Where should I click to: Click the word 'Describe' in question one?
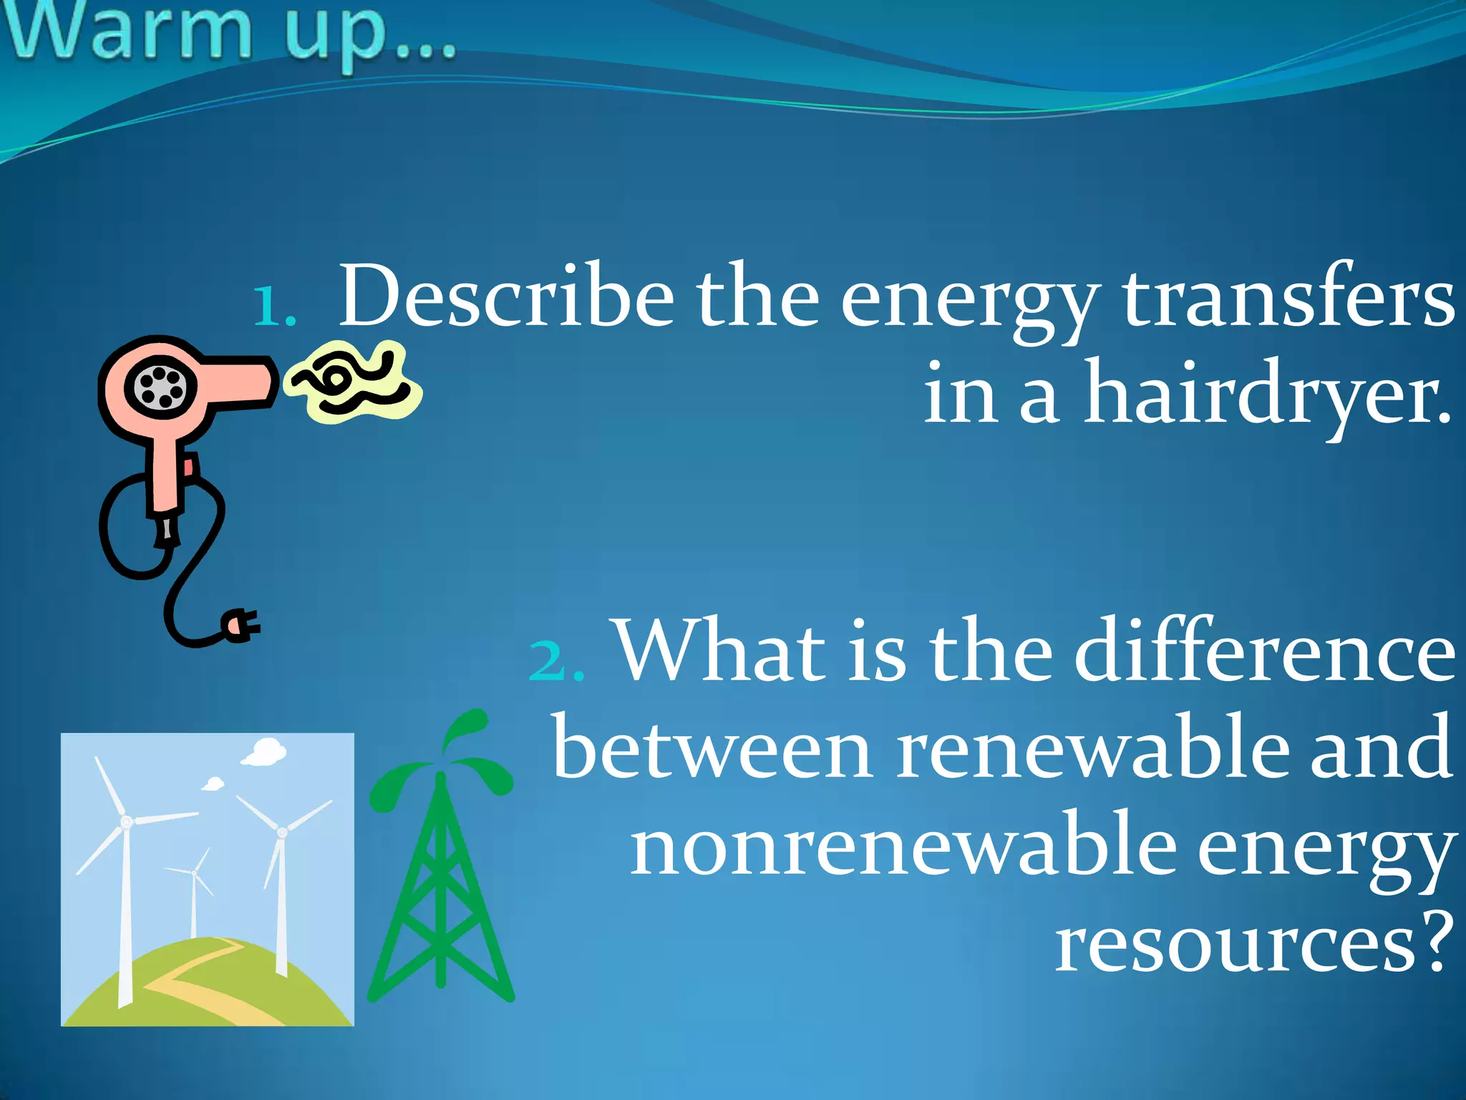coord(505,296)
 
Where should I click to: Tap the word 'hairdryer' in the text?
coord(1267,394)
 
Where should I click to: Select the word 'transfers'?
coord(1288,296)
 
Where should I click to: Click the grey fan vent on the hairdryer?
coord(160,387)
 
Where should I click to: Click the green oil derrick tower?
coord(441,895)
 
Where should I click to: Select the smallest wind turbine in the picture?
coord(193,895)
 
